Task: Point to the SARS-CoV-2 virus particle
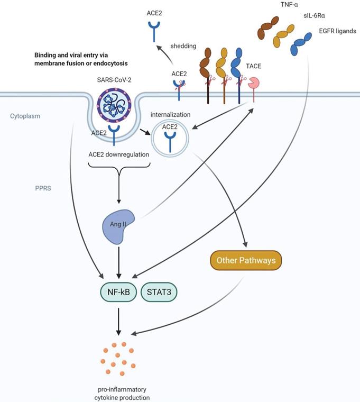coord(114,105)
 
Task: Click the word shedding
coord(183,46)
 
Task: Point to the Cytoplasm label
coord(25,115)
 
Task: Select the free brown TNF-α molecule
coord(268,26)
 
